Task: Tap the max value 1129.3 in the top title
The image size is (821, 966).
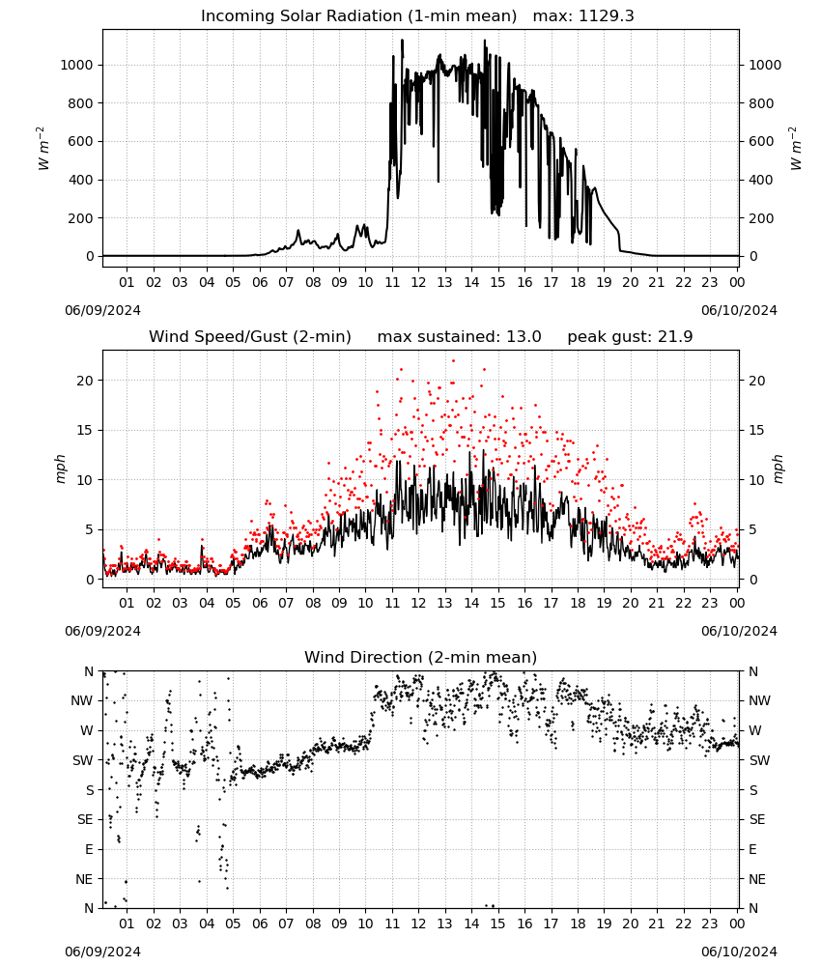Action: [607, 16]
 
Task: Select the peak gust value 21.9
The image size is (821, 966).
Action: [671, 337]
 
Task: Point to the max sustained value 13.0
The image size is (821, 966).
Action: [524, 337]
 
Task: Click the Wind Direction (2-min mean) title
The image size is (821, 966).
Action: [421, 657]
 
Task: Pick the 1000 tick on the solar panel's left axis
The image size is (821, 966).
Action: [76, 66]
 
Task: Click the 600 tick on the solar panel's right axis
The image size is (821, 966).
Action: [761, 142]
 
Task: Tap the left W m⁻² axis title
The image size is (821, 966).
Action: [42, 149]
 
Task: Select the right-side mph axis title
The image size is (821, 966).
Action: [778, 469]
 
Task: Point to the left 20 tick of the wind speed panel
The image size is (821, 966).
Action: [85, 381]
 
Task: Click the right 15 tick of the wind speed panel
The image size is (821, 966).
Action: [756, 430]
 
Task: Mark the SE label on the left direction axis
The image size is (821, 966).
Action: [85, 820]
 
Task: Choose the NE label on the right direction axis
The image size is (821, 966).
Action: [757, 879]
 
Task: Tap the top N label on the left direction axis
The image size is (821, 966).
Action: [89, 671]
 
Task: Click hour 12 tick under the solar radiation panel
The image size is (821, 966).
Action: [418, 283]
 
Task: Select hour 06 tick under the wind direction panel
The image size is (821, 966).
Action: [259, 924]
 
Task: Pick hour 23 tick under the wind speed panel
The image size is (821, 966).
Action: [710, 603]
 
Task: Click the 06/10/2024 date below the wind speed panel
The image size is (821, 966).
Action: [739, 631]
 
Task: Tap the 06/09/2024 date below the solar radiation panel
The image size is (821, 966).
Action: [102, 310]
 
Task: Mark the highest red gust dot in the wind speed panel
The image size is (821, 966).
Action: [453, 361]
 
